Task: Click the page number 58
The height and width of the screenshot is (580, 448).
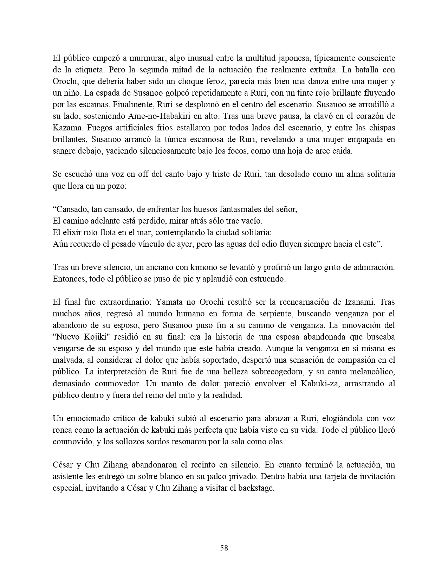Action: (x=224, y=548)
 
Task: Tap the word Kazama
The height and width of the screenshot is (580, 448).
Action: (x=65, y=128)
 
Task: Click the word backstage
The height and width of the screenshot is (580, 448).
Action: (x=256, y=488)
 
